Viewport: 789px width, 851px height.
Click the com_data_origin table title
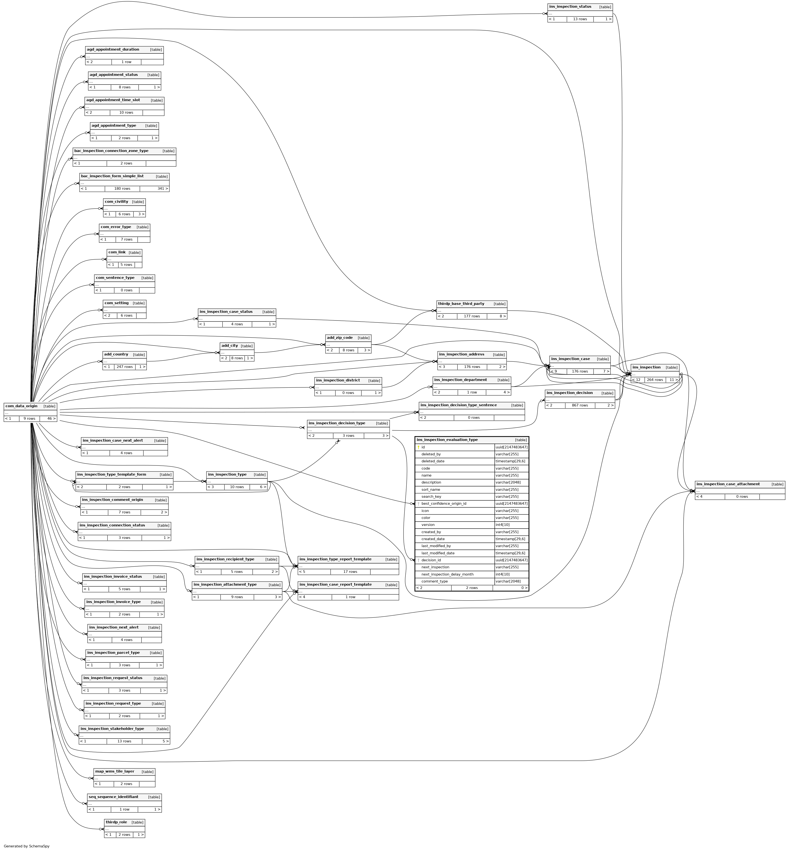pyautogui.click(x=21, y=406)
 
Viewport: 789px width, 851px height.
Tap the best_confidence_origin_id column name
pyautogui.click(x=444, y=504)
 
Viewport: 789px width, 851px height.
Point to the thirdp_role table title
pyautogui.click(x=116, y=822)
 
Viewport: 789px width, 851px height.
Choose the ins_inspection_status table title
pyautogui.click(x=570, y=7)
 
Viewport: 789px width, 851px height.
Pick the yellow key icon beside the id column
pyautogui.click(x=418, y=447)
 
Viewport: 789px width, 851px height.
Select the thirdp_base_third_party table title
pyautogui.click(x=461, y=304)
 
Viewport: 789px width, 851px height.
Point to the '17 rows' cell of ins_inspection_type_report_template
pyautogui.click(x=350, y=572)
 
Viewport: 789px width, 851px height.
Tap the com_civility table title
pyautogui.click(x=116, y=202)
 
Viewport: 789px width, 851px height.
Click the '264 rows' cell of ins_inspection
pyautogui.click(x=654, y=380)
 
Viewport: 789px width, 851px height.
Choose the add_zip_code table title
pyautogui.click(x=340, y=338)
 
